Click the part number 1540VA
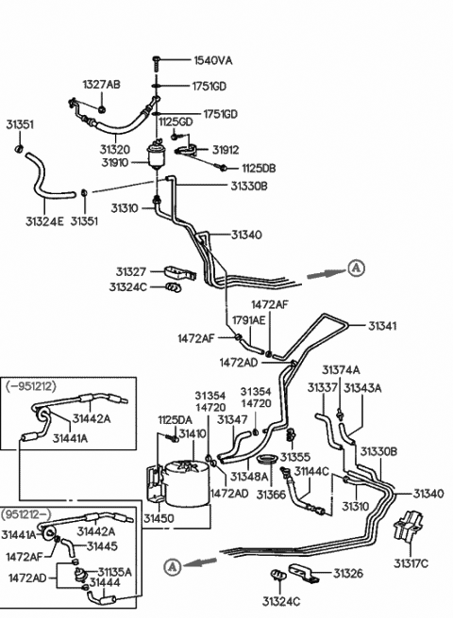(213, 60)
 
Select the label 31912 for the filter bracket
(226, 150)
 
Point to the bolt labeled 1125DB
(223, 168)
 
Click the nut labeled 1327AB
(102, 108)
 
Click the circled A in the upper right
(356, 268)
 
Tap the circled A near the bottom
(172, 567)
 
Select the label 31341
(382, 326)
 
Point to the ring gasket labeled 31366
(267, 459)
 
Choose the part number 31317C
(411, 564)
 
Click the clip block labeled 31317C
(408, 526)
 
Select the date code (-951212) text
(31, 386)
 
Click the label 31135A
(114, 572)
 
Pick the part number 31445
(102, 546)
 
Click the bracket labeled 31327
(180, 273)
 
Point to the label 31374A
(341, 370)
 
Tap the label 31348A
(249, 477)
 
